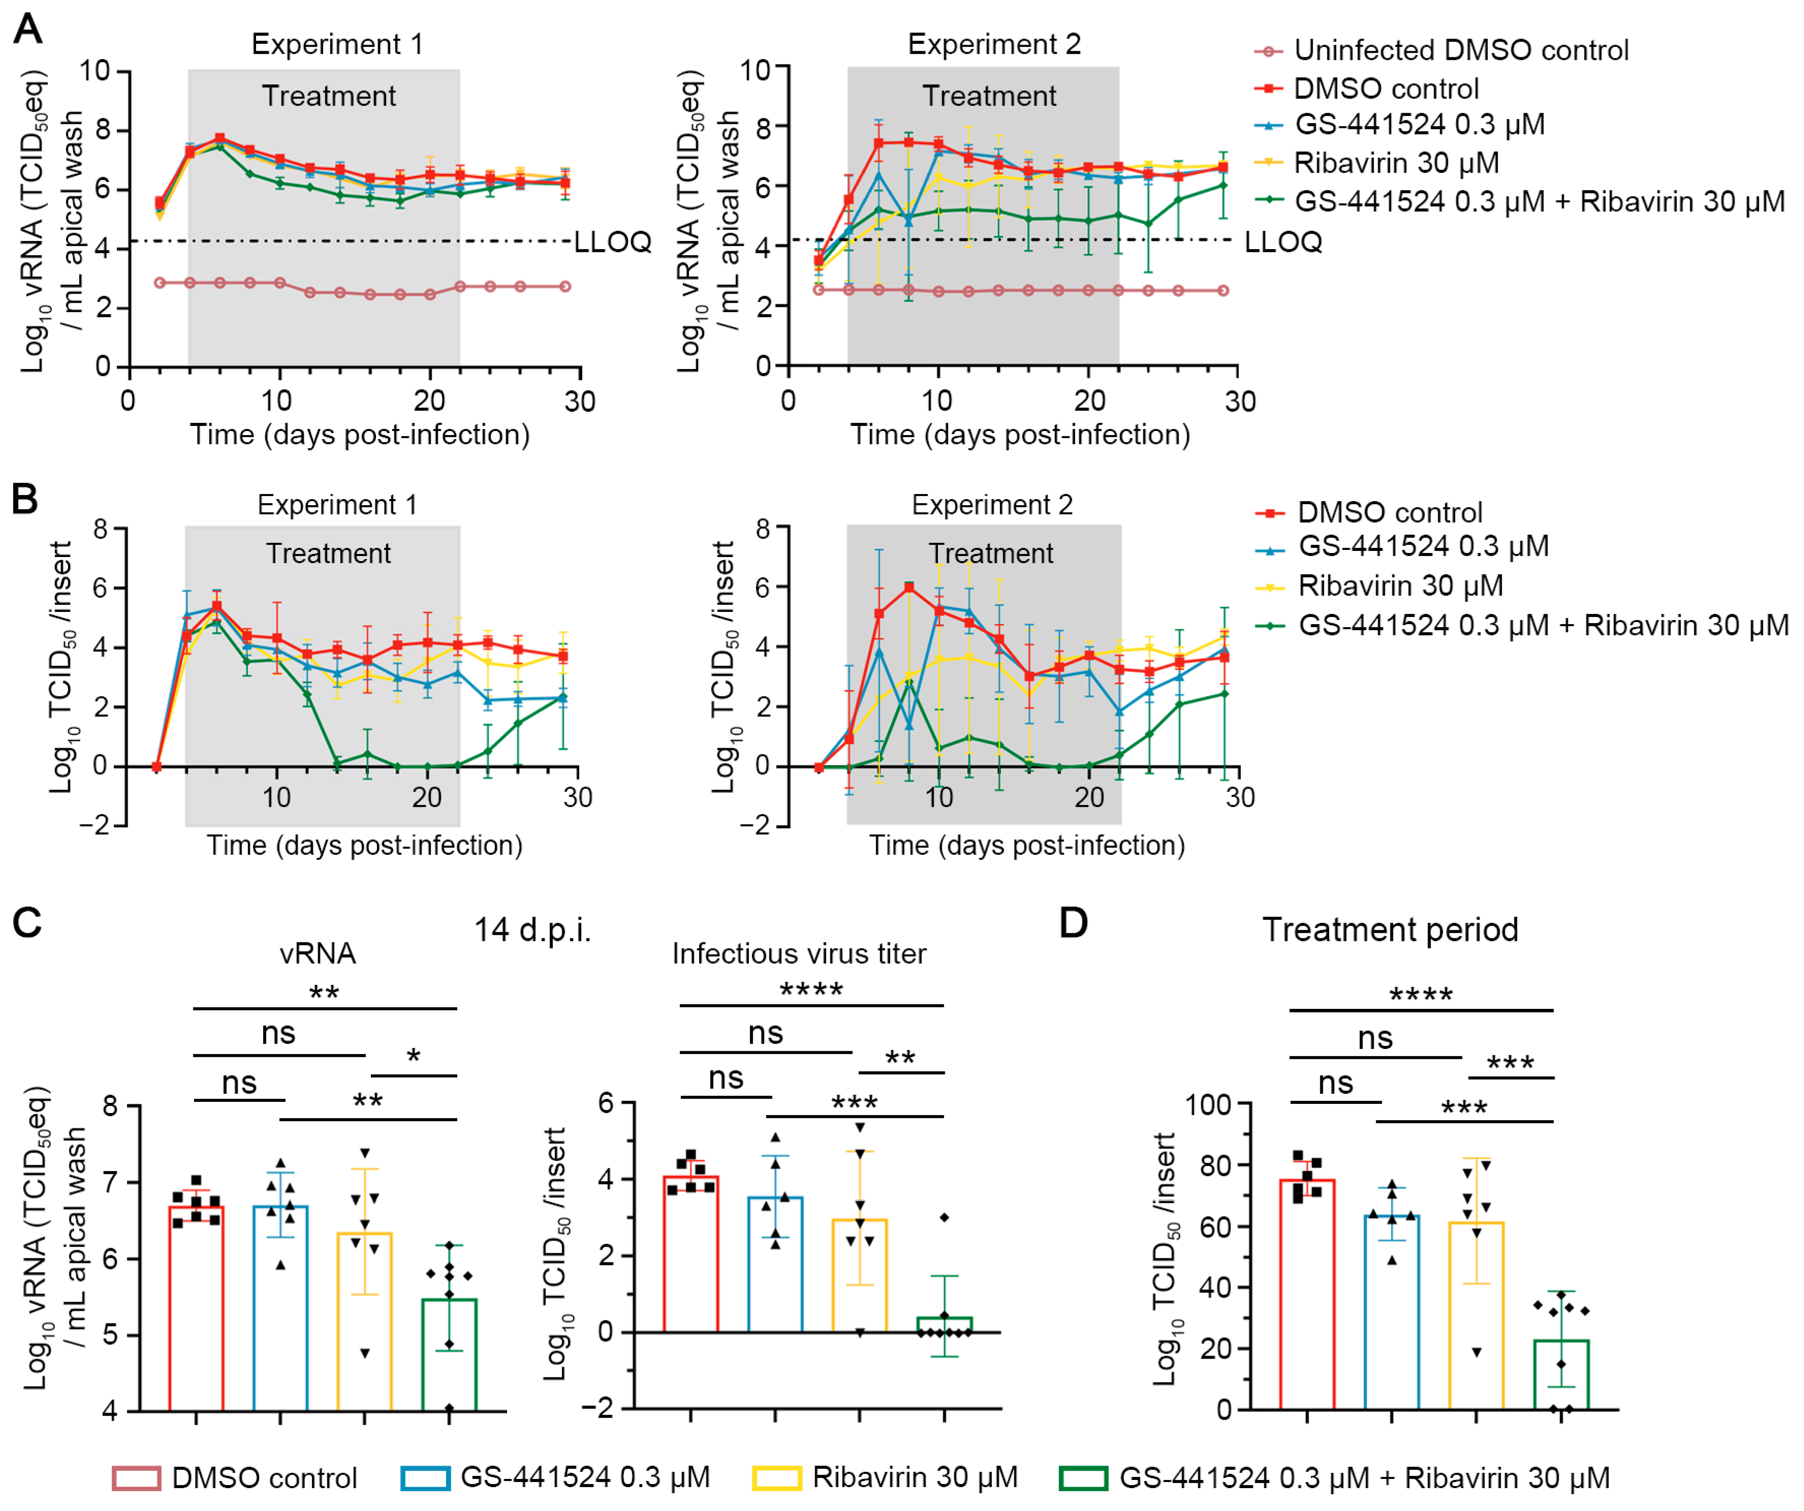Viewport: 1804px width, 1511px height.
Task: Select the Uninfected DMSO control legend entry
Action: (x=1461, y=51)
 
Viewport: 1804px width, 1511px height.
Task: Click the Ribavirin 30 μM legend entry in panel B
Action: (x=1400, y=586)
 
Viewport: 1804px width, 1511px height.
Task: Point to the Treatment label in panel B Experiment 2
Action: (x=991, y=553)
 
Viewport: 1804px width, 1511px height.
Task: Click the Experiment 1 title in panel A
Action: (x=337, y=44)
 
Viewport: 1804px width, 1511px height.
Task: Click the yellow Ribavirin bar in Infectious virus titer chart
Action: (x=859, y=1276)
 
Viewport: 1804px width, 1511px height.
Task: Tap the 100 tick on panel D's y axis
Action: (x=1209, y=1104)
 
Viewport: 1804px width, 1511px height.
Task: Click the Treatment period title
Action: (x=1390, y=930)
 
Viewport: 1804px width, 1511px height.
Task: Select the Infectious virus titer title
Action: (x=799, y=954)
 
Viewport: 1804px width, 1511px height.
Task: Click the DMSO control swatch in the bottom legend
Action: (x=136, y=1478)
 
